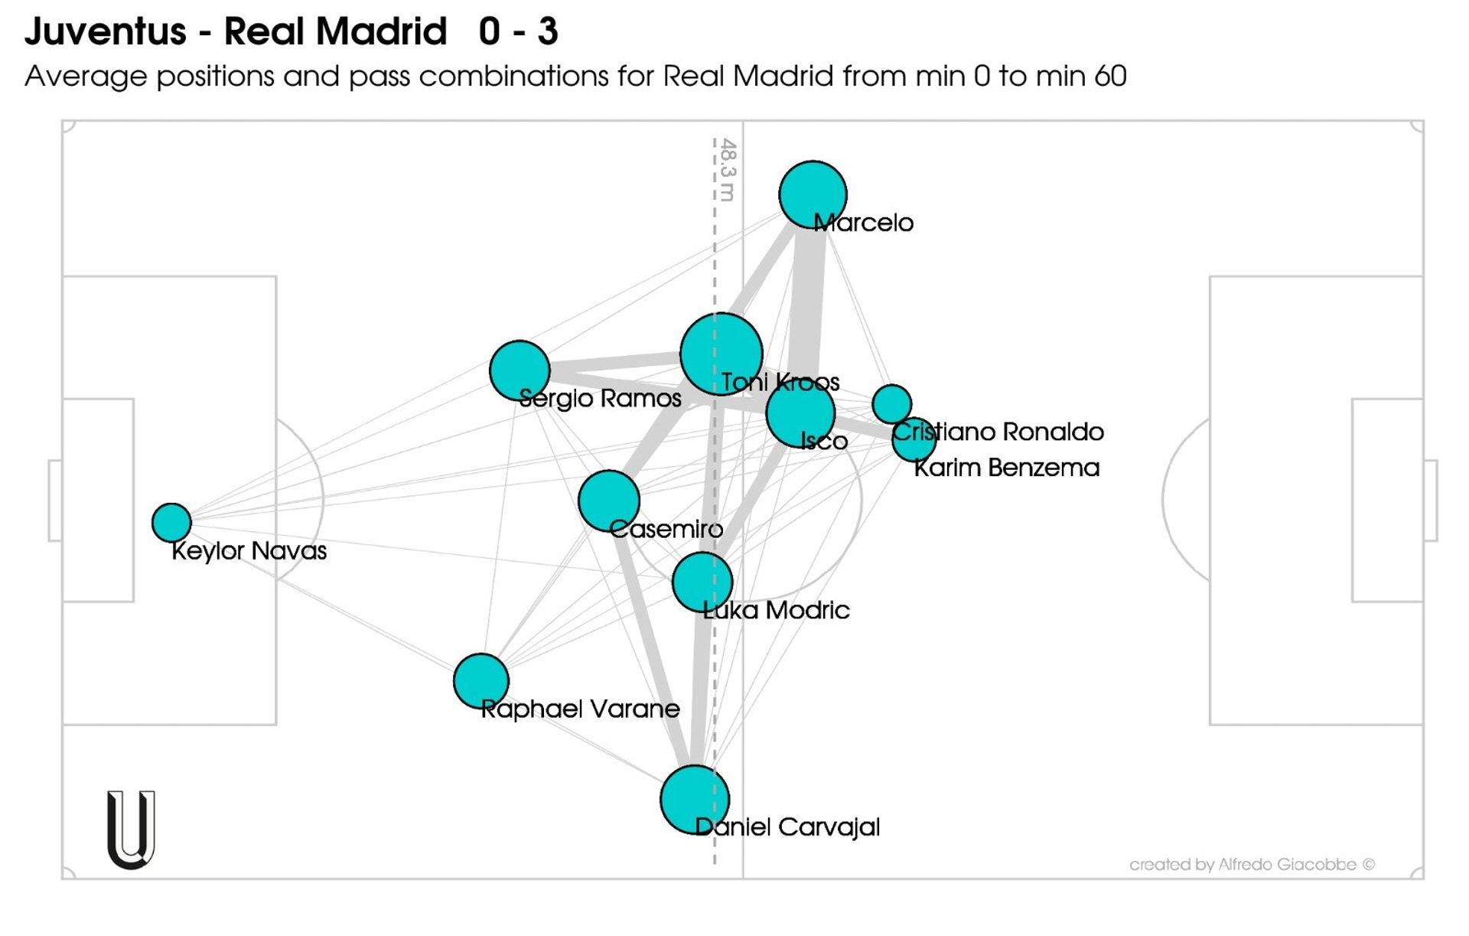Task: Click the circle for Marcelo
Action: [813, 194]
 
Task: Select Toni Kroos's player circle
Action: [721, 354]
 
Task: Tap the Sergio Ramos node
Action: [520, 370]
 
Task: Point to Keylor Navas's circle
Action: [171, 522]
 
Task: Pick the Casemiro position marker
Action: [609, 501]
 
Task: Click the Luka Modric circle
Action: [702, 582]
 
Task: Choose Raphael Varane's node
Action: [480, 680]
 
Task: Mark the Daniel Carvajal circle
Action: [695, 799]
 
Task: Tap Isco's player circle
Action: [800, 413]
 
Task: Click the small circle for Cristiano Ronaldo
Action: [891, 404]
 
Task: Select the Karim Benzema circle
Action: [914, 439]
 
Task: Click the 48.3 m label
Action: [728, 169]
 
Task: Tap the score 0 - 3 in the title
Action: [518, 31]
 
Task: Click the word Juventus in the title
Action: [106, 31]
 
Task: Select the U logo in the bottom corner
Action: [131, 830]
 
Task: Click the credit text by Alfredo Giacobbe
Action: [1252, 864]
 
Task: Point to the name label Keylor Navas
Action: [249, 550]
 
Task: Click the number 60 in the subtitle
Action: [1110, 76]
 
